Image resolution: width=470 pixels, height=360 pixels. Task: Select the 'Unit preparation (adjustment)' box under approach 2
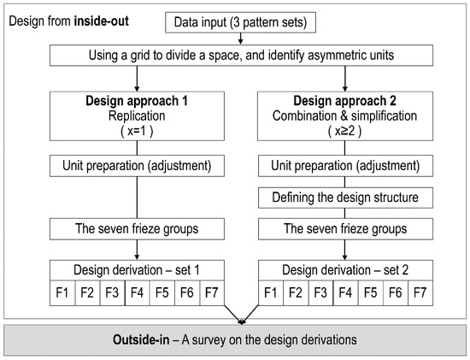point(344,163)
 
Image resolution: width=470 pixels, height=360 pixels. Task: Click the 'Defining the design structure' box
point(344,198)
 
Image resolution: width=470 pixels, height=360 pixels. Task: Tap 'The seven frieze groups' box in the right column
point(344,228)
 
